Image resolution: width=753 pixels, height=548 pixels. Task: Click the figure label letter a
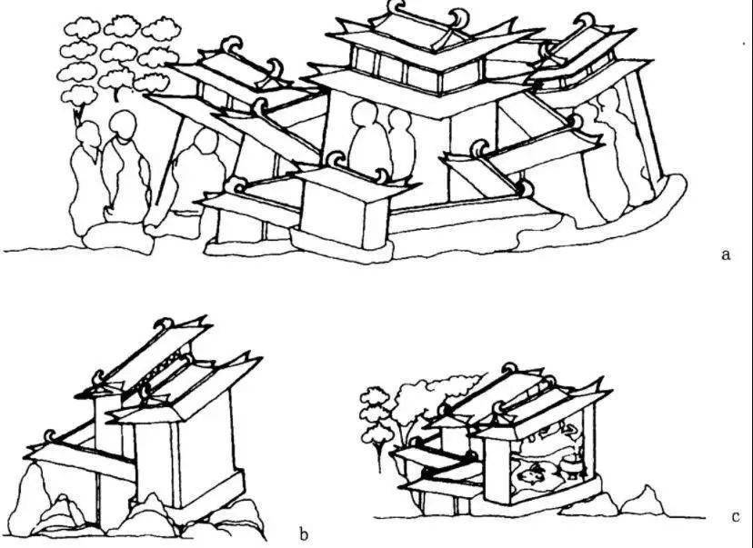(x=726, y=254)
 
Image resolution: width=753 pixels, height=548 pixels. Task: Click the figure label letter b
(x=303, y=534)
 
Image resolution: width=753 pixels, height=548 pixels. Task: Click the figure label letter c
(x=736, y=517)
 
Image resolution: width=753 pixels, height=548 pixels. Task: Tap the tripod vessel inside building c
(x=571, y=467)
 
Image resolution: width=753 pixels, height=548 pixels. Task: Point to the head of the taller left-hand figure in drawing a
(x=124, y=125)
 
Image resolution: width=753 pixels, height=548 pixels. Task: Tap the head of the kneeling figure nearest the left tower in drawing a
(x=206, y=141)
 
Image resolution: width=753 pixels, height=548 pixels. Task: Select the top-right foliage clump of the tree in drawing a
(x=161, y=29)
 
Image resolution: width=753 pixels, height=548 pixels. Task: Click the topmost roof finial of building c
(x=509, y=369)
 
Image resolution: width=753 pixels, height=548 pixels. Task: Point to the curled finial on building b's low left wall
(x=50, y=435)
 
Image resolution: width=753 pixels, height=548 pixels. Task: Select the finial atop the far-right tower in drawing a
(x=585, y=21)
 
